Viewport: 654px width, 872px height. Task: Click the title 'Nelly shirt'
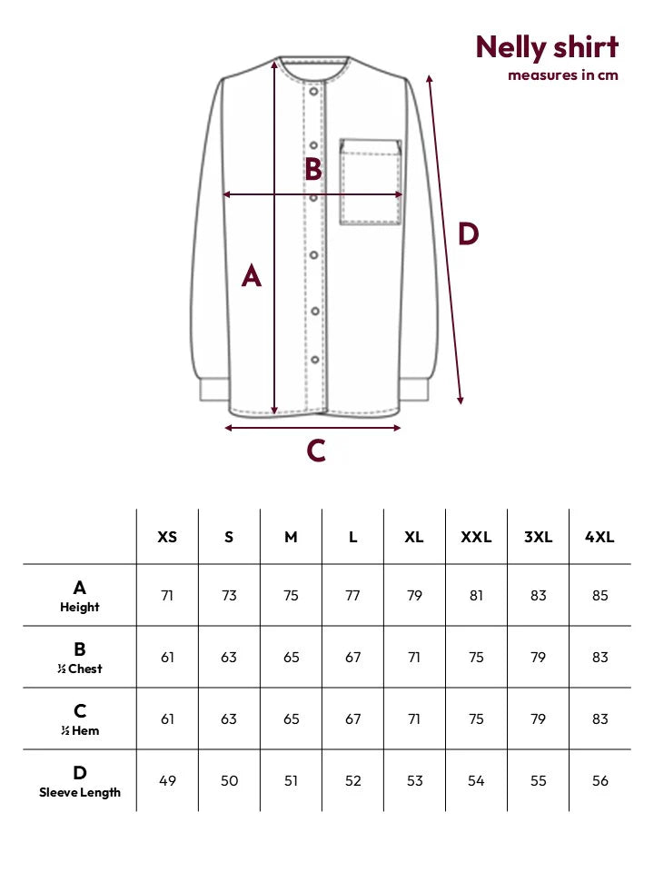tap(547, 47)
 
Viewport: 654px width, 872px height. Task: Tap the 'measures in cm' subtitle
tap(563, 75)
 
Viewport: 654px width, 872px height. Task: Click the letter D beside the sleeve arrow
tap(469, 233)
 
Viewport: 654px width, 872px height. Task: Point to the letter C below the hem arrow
tap(316, 451)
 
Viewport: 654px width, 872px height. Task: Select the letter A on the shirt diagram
tap(252, 275)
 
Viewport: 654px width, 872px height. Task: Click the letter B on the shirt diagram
tap(313, 169)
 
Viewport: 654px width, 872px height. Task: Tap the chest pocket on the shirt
tap(371, 182)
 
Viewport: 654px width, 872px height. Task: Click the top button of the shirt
tap(313, 91)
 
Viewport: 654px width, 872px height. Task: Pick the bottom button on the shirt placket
tap(315, 360)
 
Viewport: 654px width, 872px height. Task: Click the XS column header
tap(167, 537)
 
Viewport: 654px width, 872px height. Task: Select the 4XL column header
tap(599, 537)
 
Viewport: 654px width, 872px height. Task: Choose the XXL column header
tap(476, 537)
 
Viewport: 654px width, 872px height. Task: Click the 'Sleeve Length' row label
tap(80, 792)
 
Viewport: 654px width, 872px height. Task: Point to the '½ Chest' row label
tap(80, 669)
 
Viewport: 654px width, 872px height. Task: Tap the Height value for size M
tap(291, 596)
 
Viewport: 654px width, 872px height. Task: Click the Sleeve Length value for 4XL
tap(600, 781)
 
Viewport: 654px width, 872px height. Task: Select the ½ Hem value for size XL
tap(414, 719)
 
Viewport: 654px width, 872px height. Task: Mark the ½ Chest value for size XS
tap(167, 658)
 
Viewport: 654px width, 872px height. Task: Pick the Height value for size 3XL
tap(539, 596)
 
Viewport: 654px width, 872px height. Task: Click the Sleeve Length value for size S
tap(229, 781)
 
